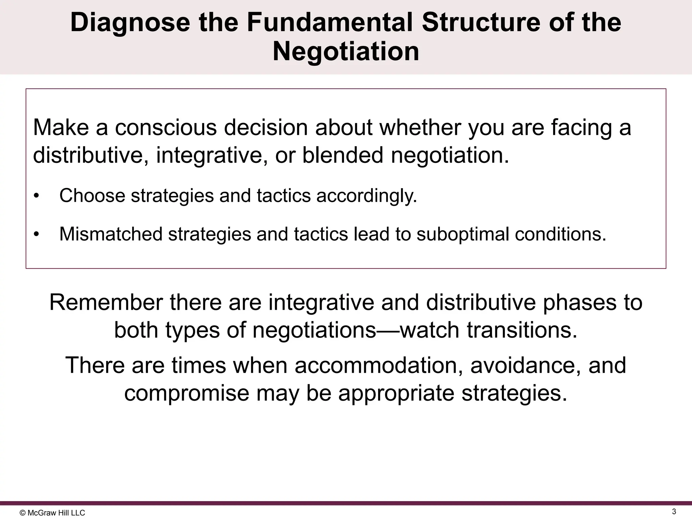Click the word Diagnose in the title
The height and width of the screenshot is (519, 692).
[130, 23]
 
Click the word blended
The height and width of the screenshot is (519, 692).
[343, 155]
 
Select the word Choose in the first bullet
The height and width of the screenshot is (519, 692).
[92, 196]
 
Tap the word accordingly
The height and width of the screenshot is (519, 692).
[367, 196]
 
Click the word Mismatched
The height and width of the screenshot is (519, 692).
[111, 234]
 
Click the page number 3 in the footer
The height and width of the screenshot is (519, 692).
[674, 512]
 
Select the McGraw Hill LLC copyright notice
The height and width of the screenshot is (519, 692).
[53, 513]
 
